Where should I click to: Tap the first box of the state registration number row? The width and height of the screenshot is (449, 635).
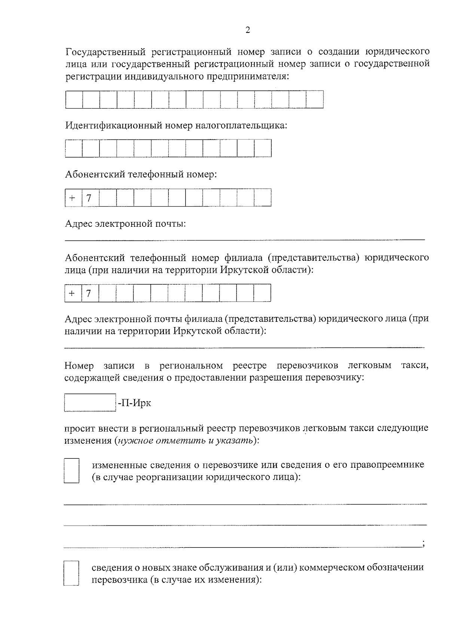tap(74, 100)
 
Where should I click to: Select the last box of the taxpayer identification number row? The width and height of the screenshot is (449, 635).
tap(263, 148)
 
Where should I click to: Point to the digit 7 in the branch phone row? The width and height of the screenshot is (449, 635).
tap(89, 293)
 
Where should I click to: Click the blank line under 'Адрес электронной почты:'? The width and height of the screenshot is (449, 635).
tap(245, 238)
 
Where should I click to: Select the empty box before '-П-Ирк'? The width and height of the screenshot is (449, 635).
tap(90, 403)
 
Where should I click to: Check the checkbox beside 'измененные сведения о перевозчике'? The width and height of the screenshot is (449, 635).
tap(71, 470)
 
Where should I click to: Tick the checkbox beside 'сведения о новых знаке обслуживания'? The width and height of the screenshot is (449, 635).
tap(71, 573)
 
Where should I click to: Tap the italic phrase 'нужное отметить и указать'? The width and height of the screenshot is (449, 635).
tap(185, 440)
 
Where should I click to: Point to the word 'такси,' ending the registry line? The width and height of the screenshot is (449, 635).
tap(415, 365)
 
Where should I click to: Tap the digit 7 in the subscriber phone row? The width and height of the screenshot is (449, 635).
tap(89, 198)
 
